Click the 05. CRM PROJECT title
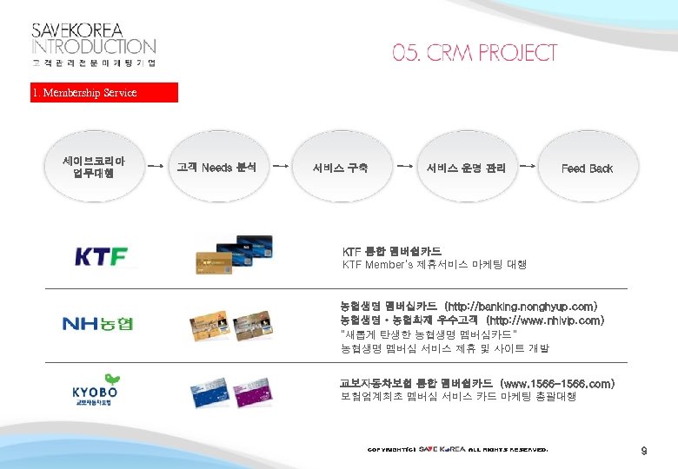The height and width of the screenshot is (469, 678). pyautogui.click(x=474, y=53)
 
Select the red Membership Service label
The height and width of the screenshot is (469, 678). pyautogui.click(x=103, y=93)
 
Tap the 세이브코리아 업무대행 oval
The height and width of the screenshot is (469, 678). pyautogui.click(x=94, y=167)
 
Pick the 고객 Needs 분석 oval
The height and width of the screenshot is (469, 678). pyautogui.click(x=216, y=167)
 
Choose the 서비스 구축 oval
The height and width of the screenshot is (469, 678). pyautogui.click(x=340, y=168)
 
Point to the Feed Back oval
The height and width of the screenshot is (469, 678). pyautogui.click(x=587, y=168)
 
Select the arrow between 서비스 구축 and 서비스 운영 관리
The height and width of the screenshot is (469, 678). pyautogui.click(x=404, y=162)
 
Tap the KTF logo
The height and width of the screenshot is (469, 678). pyautogui.click(x=101, y=257)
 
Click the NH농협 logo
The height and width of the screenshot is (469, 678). pyautogui.click(x=98, y=325)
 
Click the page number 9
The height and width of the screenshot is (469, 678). pyautogui.click(x=644, y=451)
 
